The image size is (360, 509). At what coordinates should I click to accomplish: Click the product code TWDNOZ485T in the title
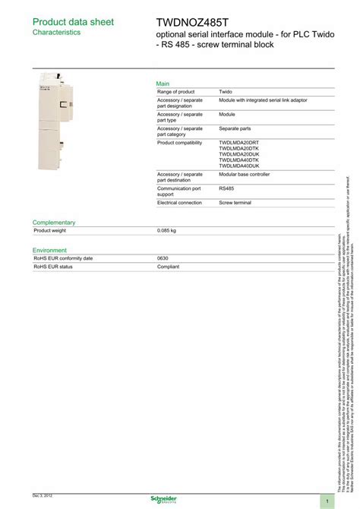point(193,22)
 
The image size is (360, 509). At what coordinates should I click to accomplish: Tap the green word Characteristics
point(56,33)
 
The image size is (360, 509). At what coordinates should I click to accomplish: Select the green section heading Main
point(163,83)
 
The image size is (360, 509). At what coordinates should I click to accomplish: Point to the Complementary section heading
point(54,222)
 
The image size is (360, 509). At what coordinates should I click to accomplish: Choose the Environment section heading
point(49,250)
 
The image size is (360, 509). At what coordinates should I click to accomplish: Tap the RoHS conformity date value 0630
point(163,258)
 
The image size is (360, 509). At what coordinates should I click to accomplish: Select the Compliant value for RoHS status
point(168,267)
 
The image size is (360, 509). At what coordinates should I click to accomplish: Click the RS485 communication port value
point(227,188)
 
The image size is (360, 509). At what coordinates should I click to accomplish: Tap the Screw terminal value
point(235,203)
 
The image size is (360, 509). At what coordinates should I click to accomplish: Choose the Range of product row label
point(176,91)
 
